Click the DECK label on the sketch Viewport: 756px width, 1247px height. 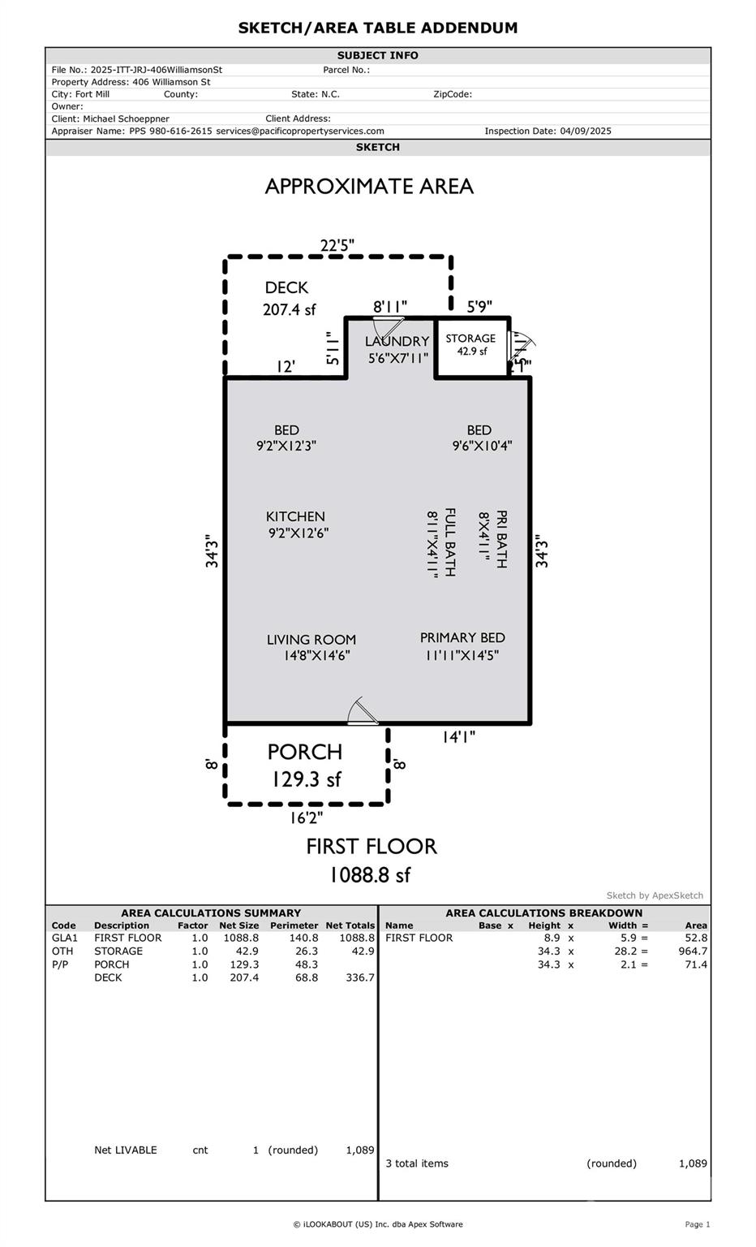[x=286, y=288]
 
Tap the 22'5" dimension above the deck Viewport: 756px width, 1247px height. [x=337, y=245]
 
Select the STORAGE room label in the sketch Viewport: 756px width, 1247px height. [x=470, y=339]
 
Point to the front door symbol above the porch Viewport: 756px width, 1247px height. [x=363, y=711]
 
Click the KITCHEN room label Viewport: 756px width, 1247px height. [x=295, y=516]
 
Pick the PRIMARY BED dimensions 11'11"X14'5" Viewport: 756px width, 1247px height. [x=462, y=655]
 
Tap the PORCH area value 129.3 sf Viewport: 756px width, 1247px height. [x=306, y=779]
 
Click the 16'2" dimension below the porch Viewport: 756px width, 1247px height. [x=306, y=818]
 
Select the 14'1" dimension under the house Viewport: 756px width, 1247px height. [x=458, y=737]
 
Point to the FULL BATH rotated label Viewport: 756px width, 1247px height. [x=450, y=542]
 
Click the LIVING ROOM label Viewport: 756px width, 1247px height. [x=311, y=641]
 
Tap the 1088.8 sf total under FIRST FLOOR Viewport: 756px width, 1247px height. [x=370, y=875]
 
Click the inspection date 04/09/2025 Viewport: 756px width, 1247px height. [x=585, y=132]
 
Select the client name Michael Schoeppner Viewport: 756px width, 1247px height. [x=127, y=119]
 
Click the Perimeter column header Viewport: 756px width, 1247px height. [x=294, y=926]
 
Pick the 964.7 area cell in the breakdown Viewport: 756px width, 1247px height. [x=693, y=951]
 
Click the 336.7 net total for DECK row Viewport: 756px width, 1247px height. [x=360, y=977]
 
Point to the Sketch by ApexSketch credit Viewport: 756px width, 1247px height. [x=655, y=895]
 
